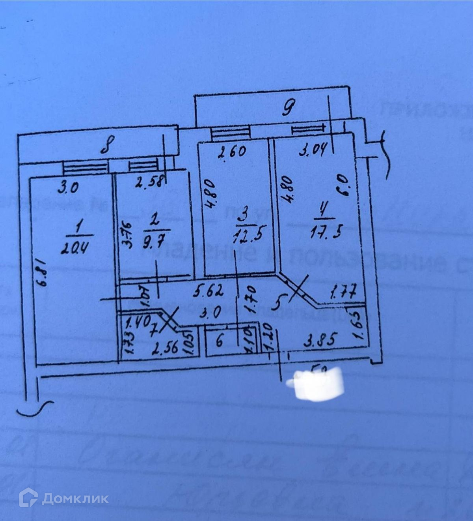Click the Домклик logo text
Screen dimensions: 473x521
coord(75,499)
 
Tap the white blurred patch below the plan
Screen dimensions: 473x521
coord(316,384)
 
